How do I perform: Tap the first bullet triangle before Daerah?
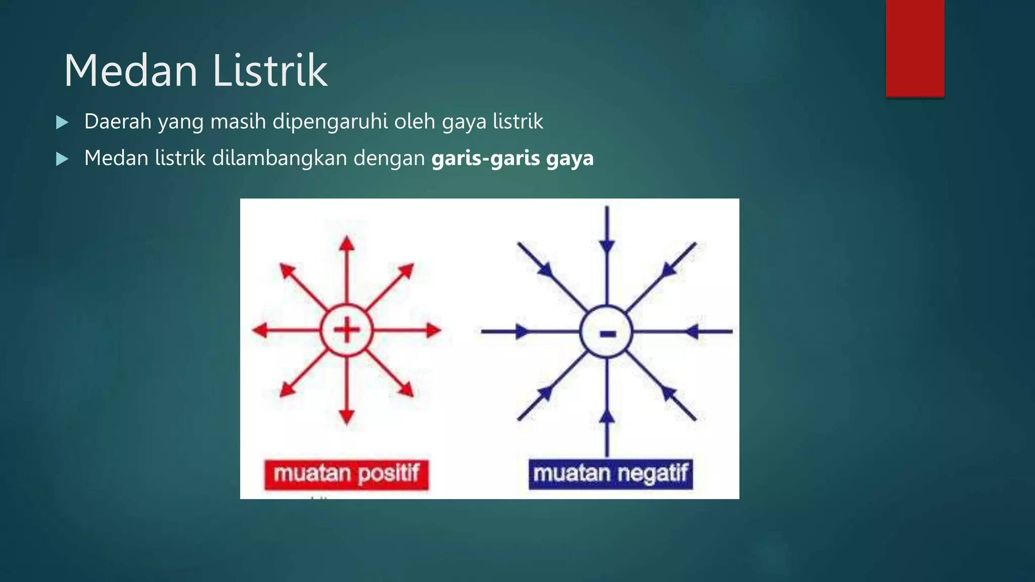pyautogui.click(x=62, y=122)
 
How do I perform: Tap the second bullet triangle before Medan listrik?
pyautogui.click(x=62, y=159)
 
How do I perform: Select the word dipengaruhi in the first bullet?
pyautogui.click(x=331, y=122)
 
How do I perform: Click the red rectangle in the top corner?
pyautogui.click(x=915, y=48)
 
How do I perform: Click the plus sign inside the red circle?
pyautogui.click(x=347, y=330)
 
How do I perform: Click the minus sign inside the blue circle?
pyautogui.click(x=607, y=333)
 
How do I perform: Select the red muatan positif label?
pyautogui.click(x=346, y=474)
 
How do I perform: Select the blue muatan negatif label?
pyautogui.click(x=610, y=474)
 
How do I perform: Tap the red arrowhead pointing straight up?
pyautogui.click(x=347, y=244)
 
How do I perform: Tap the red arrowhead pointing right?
pyautogui.click(x=433, y=330)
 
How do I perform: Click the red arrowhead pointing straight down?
pyautogui.click(x=347, y=416)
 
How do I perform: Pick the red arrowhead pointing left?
pyautogui.click(x=260, y=330)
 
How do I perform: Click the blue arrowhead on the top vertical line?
pyautogui.click(x=607, y=247)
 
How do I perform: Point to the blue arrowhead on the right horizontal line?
pyautogui.click(x=692, y=332)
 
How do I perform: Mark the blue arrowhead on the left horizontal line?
pyautogui.click(x=522, y=332)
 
